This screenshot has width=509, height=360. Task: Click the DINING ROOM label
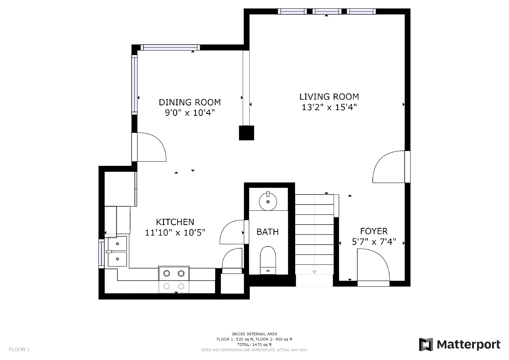[x=190, y=102]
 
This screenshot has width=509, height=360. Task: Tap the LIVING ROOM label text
[x=329, y=97]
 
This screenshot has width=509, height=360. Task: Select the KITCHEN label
[x=175, y=222]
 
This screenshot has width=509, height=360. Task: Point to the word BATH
[x=268, y=232]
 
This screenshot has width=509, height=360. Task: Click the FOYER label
[x=374, y=231]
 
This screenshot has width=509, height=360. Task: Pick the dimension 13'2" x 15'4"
[x=329, y=107]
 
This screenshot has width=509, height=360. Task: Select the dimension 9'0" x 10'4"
[x=190, y=113]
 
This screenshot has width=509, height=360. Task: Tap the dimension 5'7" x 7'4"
[x=374, y=242]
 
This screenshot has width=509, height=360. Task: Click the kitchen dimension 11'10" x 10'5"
[x=175, y=232]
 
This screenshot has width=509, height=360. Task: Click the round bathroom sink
[x=268, y=201]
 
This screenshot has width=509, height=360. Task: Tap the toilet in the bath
[x=268, y=260]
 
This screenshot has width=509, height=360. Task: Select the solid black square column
[x=246, y=133]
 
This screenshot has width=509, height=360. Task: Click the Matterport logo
[x=459, y=344]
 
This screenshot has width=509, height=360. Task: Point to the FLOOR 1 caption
[x=19, y=349]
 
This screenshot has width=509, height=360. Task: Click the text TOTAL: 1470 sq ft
[x=254, y=344]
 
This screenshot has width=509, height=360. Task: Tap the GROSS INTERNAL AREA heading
[x=254, y=334]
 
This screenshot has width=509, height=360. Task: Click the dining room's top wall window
[x=170, y=47]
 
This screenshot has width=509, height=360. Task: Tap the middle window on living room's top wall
[x=327, y=11]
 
